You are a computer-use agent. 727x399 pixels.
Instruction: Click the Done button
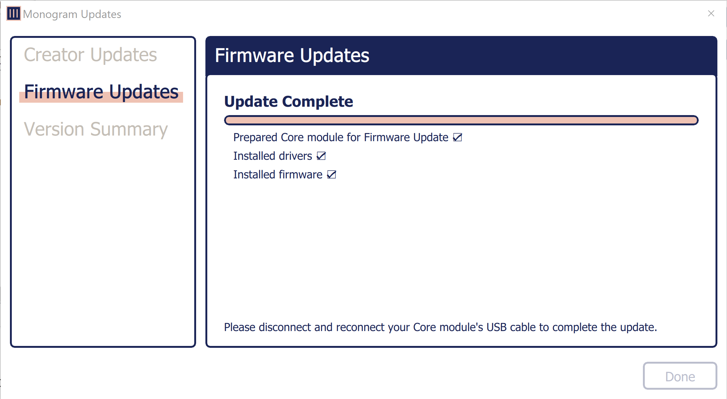coord(680,376)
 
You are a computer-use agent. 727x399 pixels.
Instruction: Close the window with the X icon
coord(711,14)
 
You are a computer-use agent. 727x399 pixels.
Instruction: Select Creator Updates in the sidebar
coord(90,55)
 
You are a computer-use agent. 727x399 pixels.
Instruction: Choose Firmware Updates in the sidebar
coord(101,92)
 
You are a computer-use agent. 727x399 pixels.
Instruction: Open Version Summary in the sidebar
coord(96,129)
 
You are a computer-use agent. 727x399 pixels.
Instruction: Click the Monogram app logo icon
coord(14,14)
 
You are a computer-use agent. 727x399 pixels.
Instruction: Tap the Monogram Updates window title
coord(72,14)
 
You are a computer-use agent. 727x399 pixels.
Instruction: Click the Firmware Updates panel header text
coord(292,56)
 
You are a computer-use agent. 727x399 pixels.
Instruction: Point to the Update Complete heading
coord(289,101)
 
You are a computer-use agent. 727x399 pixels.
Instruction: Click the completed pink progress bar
coord(461,120)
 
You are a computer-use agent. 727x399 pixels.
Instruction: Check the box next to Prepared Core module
coord(457,137)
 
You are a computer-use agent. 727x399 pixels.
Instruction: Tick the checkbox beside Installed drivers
coord(321,156)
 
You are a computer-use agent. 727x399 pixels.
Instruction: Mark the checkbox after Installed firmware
coord(331,175)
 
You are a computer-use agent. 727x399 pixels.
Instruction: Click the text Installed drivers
coord(272,156)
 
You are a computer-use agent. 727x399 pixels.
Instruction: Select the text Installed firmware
coord(278,175)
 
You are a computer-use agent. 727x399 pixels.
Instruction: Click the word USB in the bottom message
coord(496,327)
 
